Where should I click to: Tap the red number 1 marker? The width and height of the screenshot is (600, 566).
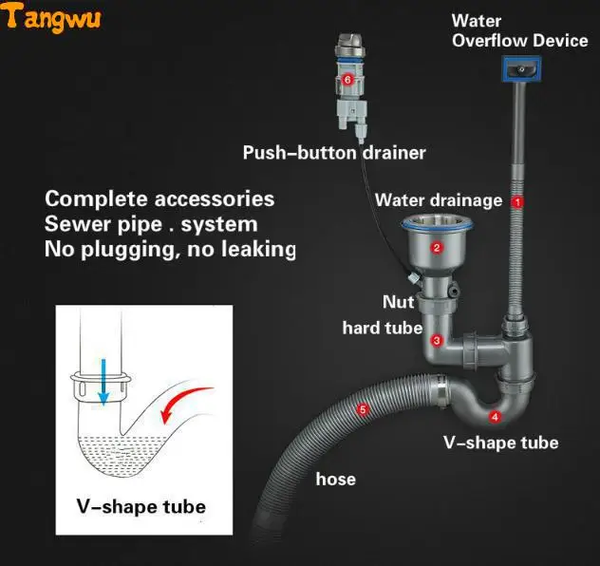click(517, 201)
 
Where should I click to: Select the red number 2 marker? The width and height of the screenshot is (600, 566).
click(437, 248)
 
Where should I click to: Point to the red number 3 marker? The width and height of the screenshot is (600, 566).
click(436, 339)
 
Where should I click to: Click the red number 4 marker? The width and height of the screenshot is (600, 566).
click(495, 416)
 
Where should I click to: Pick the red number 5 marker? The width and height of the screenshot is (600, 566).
click(362, 410)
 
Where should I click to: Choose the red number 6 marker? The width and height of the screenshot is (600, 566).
click(347, 80)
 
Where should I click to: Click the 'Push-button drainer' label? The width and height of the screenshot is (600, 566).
click(334, 153)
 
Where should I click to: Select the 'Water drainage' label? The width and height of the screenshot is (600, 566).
click(439, 200)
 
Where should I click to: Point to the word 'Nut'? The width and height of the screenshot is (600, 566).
click(398, 302)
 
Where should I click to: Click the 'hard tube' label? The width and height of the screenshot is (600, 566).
click(383, 329)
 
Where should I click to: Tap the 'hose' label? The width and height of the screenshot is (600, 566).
click(335, 479)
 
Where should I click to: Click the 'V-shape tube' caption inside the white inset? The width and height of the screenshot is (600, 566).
click(141, 506)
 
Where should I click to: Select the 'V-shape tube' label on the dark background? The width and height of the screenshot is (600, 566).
click(501, 443)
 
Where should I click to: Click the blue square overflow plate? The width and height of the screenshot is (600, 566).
click(519, 68)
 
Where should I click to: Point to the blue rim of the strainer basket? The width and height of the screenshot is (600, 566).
click(436, 225)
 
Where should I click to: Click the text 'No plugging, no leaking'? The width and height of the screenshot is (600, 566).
click(171, 250)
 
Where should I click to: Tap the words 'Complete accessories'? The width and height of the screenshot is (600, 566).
click(160, 199)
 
